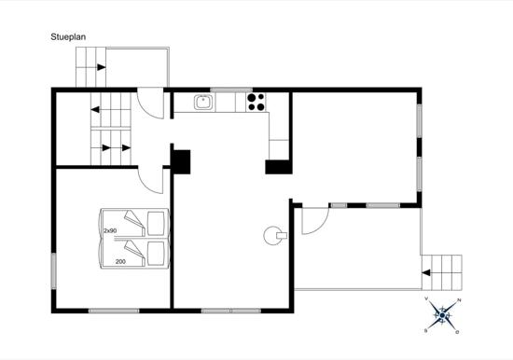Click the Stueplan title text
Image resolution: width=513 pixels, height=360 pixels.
click(68, 37)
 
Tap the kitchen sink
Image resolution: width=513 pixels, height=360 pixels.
click(204, 102)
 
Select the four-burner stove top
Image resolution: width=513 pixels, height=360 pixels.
click(256, 102)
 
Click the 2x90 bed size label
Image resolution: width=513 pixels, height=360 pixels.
click(110, 230)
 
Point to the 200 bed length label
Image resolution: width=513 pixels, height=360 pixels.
click(120, 261)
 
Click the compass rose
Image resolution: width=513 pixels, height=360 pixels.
click(442, 315)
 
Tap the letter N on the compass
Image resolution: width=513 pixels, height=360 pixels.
click(459, 299)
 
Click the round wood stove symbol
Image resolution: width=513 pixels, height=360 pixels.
click(274, 235)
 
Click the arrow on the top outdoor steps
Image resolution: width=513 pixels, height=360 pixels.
click(102, 67)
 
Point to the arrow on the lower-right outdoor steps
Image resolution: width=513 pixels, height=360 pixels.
click(426, 272)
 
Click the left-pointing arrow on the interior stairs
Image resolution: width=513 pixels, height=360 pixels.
click(95, 110)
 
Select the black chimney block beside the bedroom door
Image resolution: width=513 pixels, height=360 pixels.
click(182, 161)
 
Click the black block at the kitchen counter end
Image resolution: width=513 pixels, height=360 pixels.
click(279, 167)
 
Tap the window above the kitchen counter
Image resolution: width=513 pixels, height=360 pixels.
click(231, 90)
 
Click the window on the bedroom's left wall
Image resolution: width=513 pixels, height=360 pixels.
click(54, 270)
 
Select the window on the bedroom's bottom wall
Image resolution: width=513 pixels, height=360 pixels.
click(114, 311)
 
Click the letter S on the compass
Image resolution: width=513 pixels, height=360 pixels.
click(425, 331)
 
